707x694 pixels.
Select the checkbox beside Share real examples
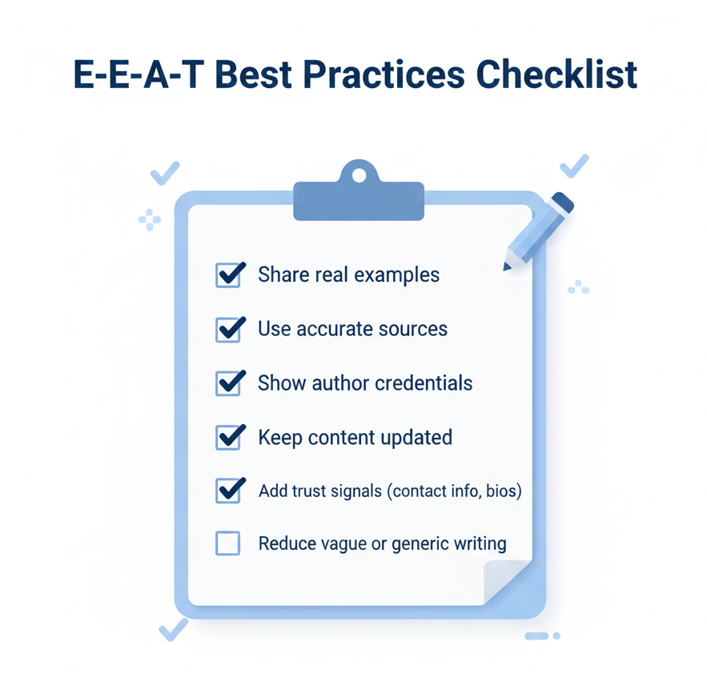click(228, 275)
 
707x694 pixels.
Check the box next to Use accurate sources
click(228, 329)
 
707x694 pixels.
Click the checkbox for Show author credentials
click(228, 383)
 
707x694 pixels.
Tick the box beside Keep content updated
click(228, 437)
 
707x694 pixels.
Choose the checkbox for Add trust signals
click(228, 491)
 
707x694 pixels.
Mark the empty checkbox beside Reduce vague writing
click(228, 544)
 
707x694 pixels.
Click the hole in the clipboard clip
click(358, 174)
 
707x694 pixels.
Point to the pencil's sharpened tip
click(508, 266)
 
